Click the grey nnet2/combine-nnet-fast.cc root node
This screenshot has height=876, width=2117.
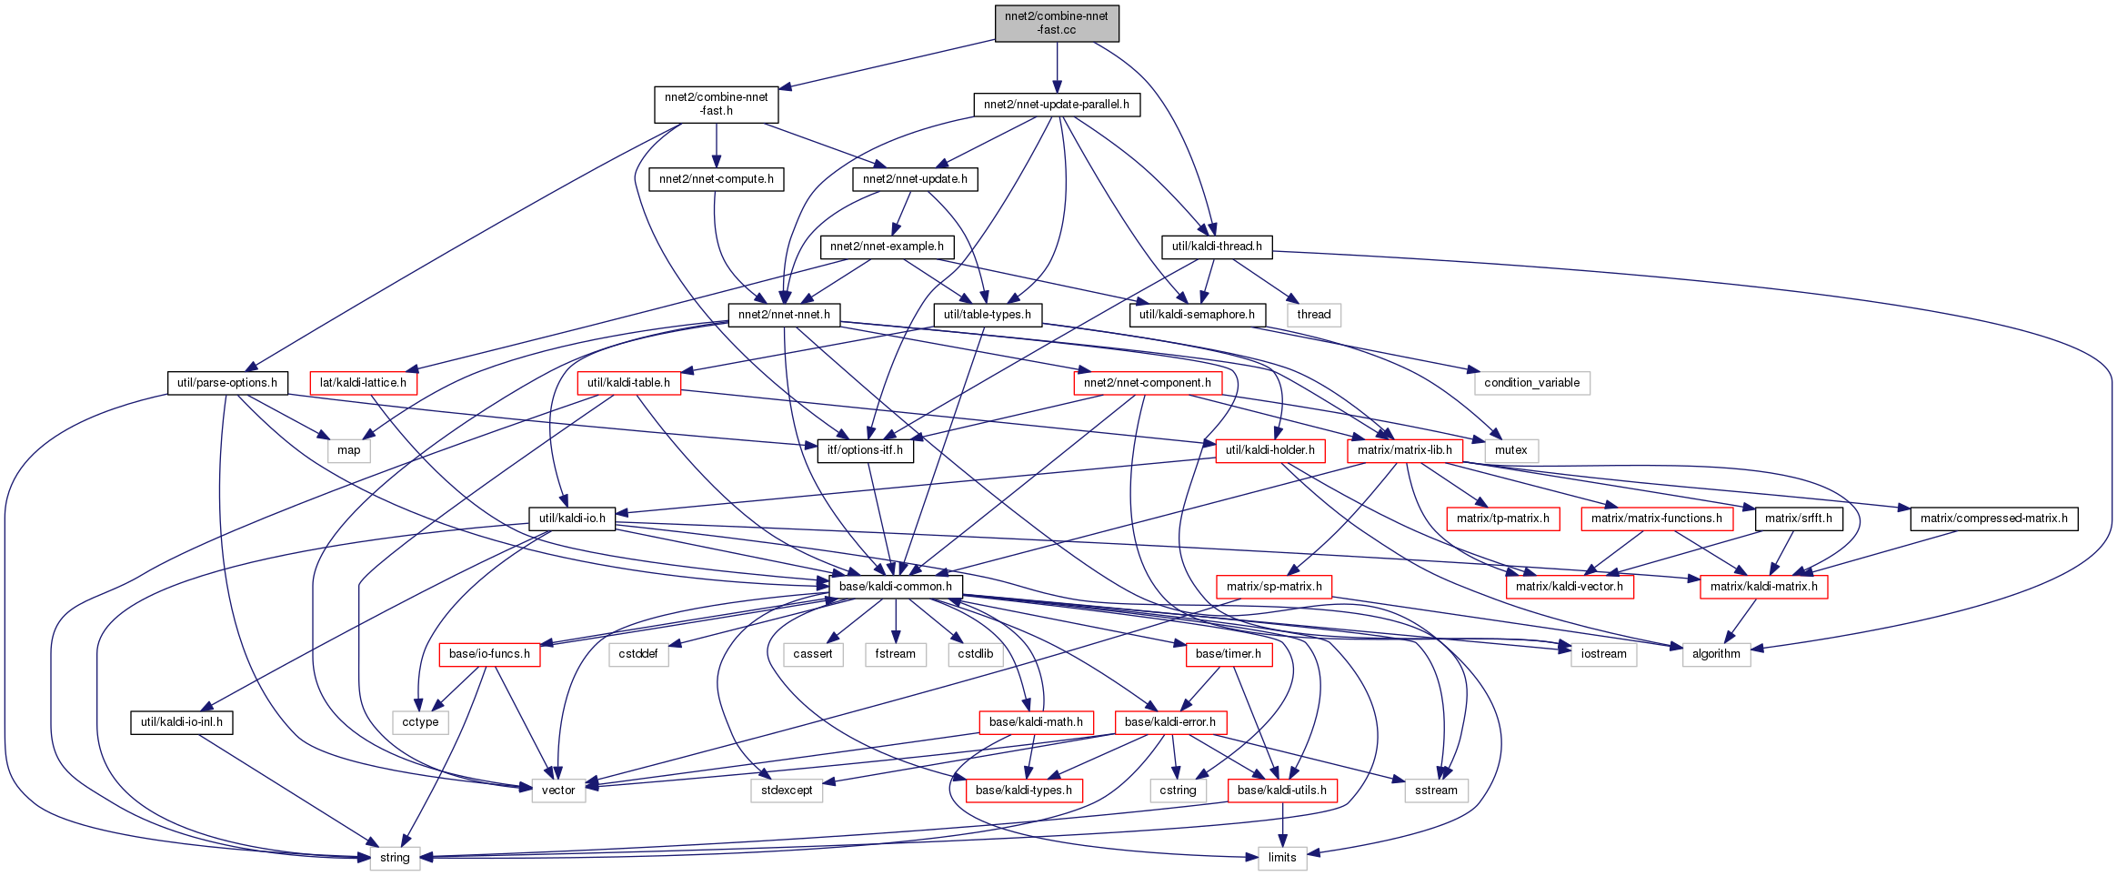pyautogui.click(x=1057, y=23)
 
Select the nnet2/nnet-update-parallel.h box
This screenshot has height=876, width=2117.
pyautogui.click(x=1057, y=105)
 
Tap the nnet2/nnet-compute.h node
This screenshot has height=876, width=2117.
pyautogui.click(x=717, y=179)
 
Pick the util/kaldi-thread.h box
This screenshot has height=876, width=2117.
pyautogui.click(x=1217, y=247)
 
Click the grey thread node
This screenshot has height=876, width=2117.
pyautogui.click(x=1313, y=315)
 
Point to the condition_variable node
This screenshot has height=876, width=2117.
pyautogui.click(x=1531, y=383)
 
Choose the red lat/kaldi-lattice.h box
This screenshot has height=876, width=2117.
pyautogui.click(x=363, y=383)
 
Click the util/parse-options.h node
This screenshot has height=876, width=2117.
pyautogui.click(x=227, y=383)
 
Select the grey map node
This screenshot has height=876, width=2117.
pyautogui.click(x=349, y=450)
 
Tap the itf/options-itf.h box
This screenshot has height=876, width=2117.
pyautogui.click(x=865, y=450)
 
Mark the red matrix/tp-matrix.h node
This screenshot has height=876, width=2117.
pyautogui.click(x=1502, y=519)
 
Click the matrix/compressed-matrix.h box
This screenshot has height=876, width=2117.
pyautogui.click(x=1993, y=519)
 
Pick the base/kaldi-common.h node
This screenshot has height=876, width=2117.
pyautogui.click(x=896, y=587)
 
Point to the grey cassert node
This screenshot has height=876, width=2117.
pyautogui.click(x=813, y=654)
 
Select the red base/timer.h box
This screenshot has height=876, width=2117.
pyautogui.click(x=1228, y=654)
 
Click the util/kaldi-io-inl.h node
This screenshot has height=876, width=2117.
pyautogui.click(x=182, y=722)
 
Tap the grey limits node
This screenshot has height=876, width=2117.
pyautogui.click(x=1282, y=858)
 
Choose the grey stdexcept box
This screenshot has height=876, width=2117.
pyautogui.click(x=787, y=790)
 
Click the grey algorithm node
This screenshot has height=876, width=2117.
pyautogui.click(x=1716, y=654)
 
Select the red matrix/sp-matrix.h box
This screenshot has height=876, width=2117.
pyautogui.click(x=1274, y=587)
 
